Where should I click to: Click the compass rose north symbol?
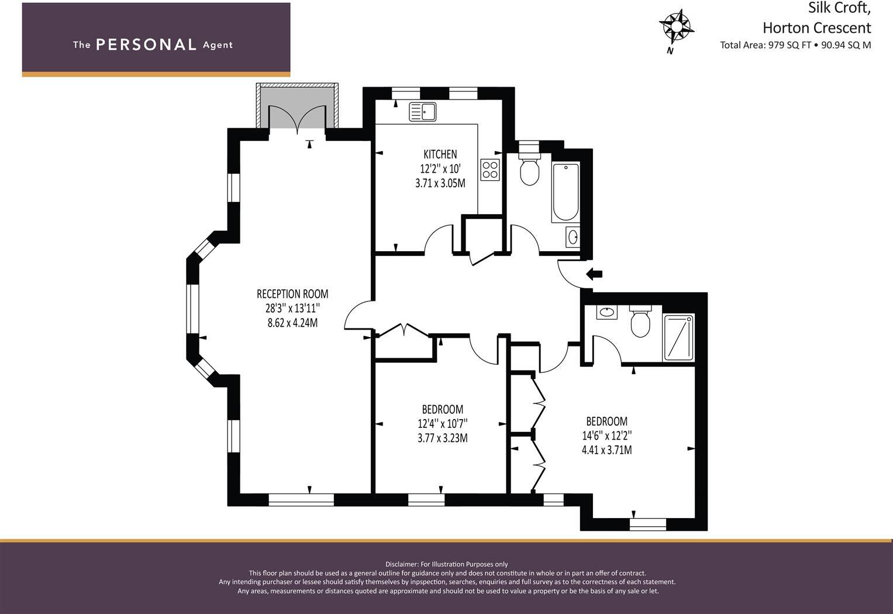point(676,27)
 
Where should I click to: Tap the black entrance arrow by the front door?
point(594,273)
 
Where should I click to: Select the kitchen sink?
point(422,111)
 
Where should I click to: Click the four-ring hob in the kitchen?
point(490,170)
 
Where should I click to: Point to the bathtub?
point(566,191)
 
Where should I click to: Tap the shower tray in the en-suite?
point(678,338)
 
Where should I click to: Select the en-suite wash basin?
point(607,312)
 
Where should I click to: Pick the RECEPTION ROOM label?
point(292,294)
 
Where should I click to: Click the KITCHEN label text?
point(440,155)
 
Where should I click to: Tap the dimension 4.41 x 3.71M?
point(606,450)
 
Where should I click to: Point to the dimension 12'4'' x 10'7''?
point(443,423)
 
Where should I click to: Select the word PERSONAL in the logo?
point(146,45)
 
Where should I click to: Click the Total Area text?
point(795,45)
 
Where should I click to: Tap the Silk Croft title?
point(839,8)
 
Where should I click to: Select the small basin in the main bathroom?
point(573,237)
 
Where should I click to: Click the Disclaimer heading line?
point(447,564)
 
